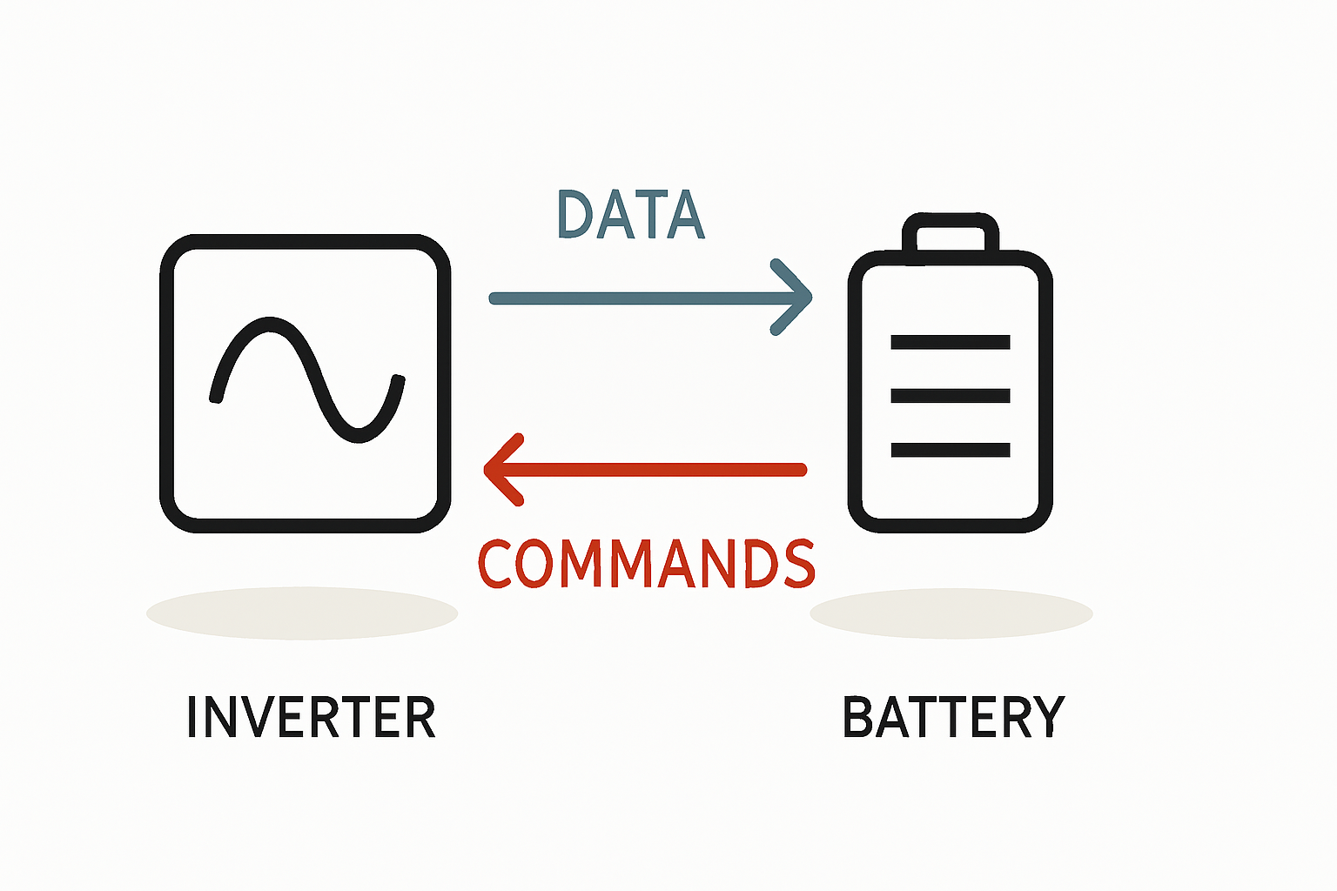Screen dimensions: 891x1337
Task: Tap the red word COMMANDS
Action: pyautogui.click(x=647, y=564)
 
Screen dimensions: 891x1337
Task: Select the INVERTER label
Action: pyautogui.click(x=311, y=718)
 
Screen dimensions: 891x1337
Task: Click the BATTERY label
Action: pyautogui.click(x=954, y=718)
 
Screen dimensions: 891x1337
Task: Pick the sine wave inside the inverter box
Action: pyautogui.click(x=306, y=379)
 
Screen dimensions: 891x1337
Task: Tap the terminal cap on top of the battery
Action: pyautogui.click(x=950, y=233)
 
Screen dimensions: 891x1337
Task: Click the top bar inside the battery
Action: pyautogui.click(x=950, y=342)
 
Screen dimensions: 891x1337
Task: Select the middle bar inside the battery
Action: pyautogui.click(x=950, y=396)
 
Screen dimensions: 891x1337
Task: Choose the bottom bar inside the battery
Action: pyautogui.click(x=950, y=450)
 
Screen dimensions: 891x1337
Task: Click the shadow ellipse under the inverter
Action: pyautogui.click(x=302, y=613)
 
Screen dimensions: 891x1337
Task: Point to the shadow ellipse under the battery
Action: pyautogui.click(x=951, y=613)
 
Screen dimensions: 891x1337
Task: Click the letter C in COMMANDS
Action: pyautogui.click(x=497, y=564)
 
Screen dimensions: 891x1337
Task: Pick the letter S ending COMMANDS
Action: pyautogui.click(x=797, y=564)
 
